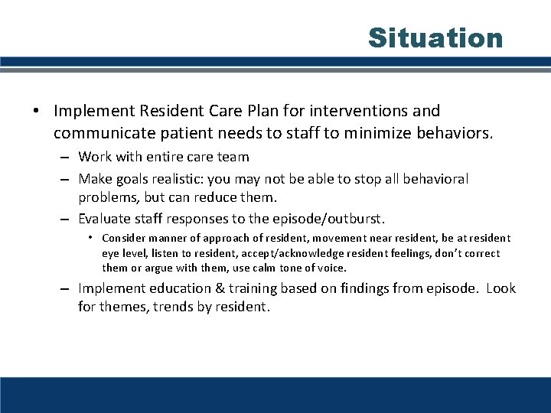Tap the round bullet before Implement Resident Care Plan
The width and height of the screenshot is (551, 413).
pyautogui.click(x=37, y=112)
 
